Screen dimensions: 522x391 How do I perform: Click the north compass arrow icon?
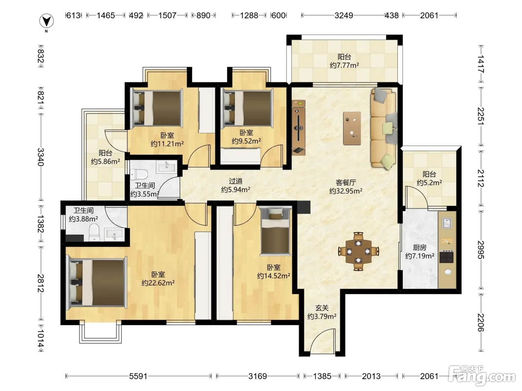click(x=46, y=21)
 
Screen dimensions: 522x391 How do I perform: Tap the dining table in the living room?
click(x=358, y=251)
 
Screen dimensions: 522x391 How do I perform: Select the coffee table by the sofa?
click(x=352, y=128)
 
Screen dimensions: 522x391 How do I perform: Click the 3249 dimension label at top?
click(x=343, y=15)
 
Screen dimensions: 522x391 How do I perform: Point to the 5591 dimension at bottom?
click(x=138, y=376)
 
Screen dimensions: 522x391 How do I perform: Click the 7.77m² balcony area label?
click(x=344, y=65)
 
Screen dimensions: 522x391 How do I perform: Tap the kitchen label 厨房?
click(x=419, y=248)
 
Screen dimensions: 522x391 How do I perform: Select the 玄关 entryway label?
click(x=322, y=308)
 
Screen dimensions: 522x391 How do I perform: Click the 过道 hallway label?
click(x=235, y=181)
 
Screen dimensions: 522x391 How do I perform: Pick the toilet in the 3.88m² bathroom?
click(x=94, y=232)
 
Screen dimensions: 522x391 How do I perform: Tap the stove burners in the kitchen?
click(x=446, y=257)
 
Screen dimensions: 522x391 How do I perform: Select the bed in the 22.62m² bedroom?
click(x=96, y=283)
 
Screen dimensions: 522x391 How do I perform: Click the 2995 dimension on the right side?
click(x=481, y=249)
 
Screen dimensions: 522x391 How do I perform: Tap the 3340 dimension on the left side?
click(x=41, y=157)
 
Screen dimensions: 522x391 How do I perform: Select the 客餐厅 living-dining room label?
click(x=346, y=182)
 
